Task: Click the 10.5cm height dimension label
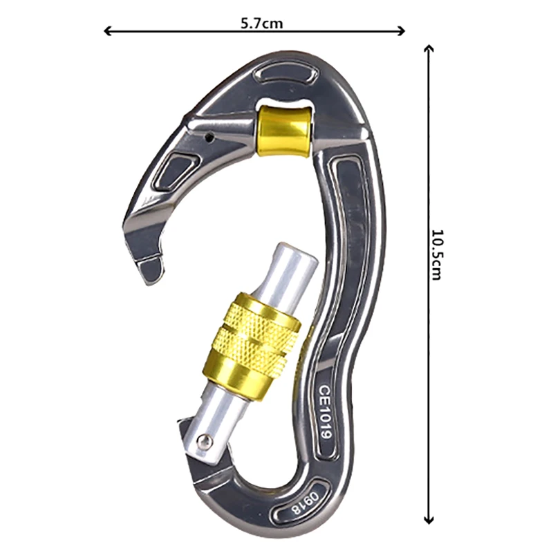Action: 437,254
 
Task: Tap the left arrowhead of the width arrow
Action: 108,31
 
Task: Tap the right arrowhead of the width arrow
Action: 401,31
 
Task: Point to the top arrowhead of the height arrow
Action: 429,49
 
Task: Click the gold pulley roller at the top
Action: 284,131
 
